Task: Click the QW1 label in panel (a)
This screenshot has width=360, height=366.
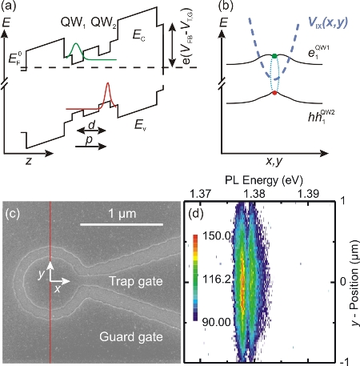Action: [x=73, y=23]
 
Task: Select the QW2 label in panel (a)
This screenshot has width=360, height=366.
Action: [x=104, y=23]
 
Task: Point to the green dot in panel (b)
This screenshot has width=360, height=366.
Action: [x=274, y=56]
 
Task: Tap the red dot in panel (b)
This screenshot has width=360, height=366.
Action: [x=274, y=93]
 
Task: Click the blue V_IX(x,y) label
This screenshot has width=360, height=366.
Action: [x=328, y=22]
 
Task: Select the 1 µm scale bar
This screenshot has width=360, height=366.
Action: [x=122, y=224]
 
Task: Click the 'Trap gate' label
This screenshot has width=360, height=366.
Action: [x=136, y=281]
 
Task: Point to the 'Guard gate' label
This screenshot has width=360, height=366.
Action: [x=131, y=337]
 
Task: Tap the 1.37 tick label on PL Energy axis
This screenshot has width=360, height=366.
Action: [x=200, y=194]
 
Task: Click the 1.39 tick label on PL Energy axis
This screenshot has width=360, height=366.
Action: [x=309, y=194]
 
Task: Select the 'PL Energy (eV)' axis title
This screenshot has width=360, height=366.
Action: [x=264, y=181]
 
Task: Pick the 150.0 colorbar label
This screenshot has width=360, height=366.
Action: [x=217, y=235]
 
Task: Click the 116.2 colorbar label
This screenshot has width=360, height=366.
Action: [x=217, y=280]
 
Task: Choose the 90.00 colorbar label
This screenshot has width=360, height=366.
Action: [x=216, y=323]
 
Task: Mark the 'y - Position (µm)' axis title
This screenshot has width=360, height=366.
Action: [x=354, y=283]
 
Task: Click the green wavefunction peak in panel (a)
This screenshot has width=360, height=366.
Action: [x=76, y=43]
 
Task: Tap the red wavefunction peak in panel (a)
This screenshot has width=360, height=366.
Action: [x=108, y=83]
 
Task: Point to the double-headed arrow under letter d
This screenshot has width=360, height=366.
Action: [x=91, y=131]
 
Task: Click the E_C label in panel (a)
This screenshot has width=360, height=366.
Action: [x=139, y=35]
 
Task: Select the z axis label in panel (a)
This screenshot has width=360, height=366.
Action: [x=28, y=160]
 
